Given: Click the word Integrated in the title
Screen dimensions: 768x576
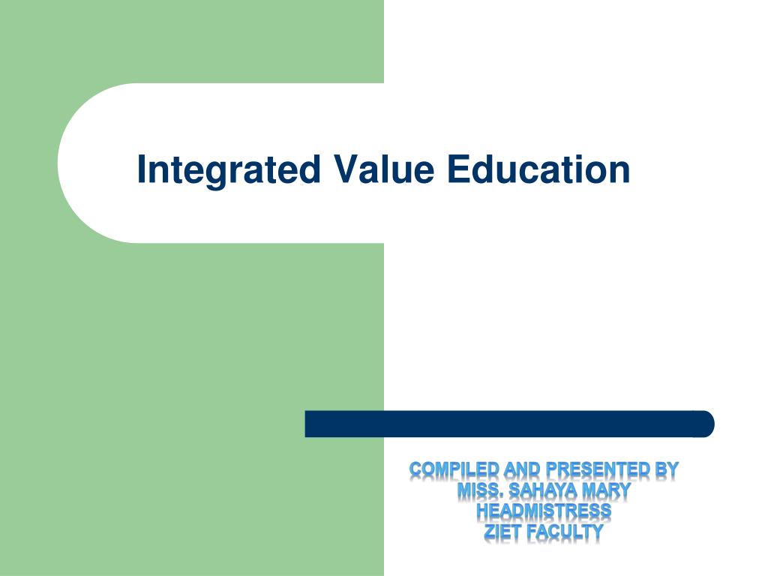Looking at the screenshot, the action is tap(229, 171).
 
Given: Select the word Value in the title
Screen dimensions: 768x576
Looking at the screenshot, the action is tap(384, 169).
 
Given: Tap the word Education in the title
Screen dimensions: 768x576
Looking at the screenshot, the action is tap(538, 169).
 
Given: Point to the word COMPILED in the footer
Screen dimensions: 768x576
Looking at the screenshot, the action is tap(454, 469).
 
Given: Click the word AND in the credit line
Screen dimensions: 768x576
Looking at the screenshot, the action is tap(522, 469).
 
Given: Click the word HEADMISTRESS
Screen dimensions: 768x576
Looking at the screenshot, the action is tap(544, 511).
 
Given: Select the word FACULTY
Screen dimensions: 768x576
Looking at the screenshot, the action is tap(565, 532).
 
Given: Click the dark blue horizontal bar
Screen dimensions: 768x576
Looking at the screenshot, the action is tap(509, 424).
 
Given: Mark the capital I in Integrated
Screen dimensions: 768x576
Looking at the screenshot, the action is tap(141, 169).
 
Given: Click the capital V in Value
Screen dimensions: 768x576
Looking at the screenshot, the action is tap(346, 169).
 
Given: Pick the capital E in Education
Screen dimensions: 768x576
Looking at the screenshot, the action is tap(458, 169).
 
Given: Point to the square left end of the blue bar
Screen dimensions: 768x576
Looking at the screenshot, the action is tap(306, 424).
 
